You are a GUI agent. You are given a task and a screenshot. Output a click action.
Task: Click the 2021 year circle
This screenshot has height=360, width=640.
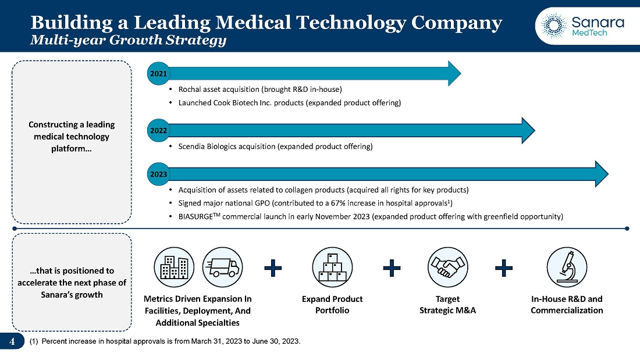pyautogui.click(x=158, y=73)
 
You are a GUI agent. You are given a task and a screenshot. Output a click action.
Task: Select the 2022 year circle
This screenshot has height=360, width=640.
pyautogui.click(x=158, y=131)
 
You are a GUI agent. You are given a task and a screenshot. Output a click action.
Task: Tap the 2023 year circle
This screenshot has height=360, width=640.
pyautogui.click(x=158, y=174)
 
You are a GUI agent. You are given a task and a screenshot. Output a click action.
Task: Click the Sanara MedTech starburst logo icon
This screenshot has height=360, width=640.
pyautogui.click(x=553, y=26)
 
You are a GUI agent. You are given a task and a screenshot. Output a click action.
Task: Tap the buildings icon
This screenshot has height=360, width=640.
pyautogui.click(x=174, y=268)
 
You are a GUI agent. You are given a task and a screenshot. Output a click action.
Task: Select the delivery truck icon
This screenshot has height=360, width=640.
pyautogui.click(x=222, y=268)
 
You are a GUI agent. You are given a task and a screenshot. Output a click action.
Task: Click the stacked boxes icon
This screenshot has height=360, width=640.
pyautogui.click(x=332, y=268)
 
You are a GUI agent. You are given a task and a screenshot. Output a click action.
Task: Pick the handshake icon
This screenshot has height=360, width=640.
pyautogui.click(x=448, y=268)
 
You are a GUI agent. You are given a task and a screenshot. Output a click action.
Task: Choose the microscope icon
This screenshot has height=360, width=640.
pyautogui.click(x=567, y=268)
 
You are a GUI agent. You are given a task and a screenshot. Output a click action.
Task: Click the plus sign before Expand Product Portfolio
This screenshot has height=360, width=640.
pyautogui.click(x=273, y=268)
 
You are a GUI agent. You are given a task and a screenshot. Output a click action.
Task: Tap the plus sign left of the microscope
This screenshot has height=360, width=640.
pyautogui.click(x=504, y=268)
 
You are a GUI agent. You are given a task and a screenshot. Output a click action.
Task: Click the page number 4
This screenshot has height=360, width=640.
pyautogui.click(x=12, y=341)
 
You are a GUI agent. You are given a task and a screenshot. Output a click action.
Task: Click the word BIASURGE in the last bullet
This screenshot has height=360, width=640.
pyautogui.click(x=195, y=217)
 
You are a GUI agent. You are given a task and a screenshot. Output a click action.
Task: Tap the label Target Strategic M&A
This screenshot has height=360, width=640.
pyautogui.click(x=448, y=305)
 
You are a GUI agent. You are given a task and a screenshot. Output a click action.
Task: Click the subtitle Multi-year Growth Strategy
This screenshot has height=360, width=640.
pyautogui.click(x=128, y=40)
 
